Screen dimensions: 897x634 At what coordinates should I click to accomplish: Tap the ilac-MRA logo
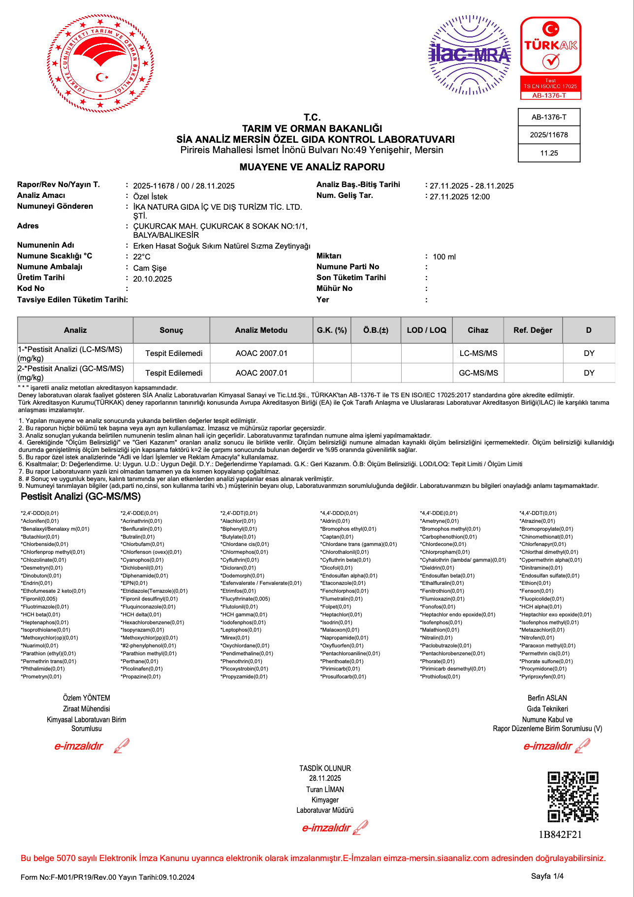470,54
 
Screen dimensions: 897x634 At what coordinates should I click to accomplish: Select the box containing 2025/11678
549,135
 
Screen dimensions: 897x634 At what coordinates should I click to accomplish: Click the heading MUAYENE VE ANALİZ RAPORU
312,167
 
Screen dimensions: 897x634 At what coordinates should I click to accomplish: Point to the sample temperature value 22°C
142,256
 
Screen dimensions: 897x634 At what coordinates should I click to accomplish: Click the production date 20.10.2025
153,279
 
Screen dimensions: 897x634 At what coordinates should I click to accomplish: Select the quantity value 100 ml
444,256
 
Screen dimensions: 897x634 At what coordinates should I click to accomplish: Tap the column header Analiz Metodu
261,330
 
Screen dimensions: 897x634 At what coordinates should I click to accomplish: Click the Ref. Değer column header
533,330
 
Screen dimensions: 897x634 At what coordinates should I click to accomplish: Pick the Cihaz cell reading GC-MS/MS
478,373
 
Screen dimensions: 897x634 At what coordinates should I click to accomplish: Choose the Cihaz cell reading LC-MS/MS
478,353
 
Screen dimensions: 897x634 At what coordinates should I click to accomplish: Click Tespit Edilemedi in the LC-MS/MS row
174,353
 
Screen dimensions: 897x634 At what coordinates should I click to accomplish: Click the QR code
573,797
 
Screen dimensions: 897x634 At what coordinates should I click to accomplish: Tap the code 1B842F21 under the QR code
560,834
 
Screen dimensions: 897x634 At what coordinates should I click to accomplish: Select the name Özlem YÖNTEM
87,698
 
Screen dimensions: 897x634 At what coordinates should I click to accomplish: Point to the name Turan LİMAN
325,789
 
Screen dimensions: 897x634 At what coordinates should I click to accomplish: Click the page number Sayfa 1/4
547,876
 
